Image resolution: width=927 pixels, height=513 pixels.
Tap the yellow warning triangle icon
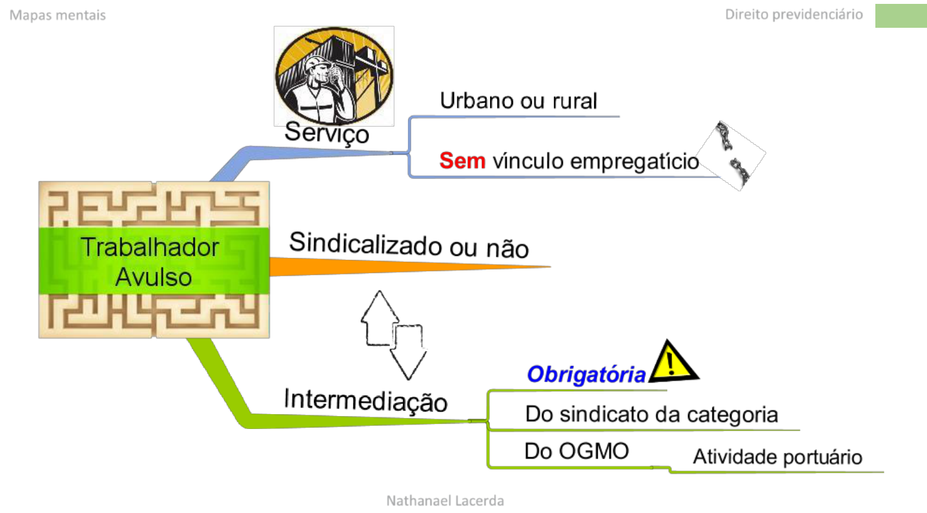673,364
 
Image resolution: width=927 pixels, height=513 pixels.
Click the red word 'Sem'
462,160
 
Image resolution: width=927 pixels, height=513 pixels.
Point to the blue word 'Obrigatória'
586,375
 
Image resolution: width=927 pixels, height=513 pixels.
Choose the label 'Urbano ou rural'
518,101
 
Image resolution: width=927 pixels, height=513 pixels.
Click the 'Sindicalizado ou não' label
409,246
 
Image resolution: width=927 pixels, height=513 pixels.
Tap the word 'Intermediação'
365,401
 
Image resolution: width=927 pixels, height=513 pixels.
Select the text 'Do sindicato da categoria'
651,414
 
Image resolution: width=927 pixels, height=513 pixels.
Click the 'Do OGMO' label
576,451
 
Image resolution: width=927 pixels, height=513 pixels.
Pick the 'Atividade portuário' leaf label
777,457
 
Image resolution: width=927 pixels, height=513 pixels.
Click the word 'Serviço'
327,133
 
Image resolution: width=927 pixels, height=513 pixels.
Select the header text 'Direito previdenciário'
793,14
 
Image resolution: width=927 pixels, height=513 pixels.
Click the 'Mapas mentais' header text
57,15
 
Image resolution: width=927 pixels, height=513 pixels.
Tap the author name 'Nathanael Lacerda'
445,500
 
